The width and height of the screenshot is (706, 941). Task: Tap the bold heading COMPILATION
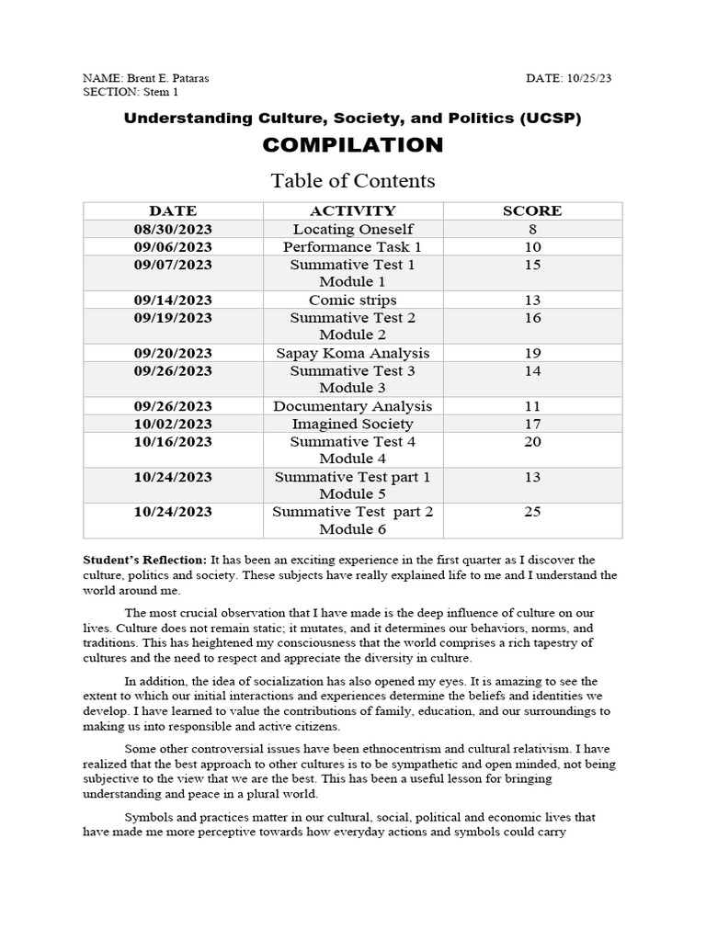[353, 145]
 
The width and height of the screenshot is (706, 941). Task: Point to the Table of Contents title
[353, 180]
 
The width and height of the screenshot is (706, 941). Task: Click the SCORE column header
[532, 211]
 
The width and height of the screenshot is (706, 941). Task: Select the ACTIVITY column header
[353, 211]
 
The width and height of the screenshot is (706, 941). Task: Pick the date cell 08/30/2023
[173, 229]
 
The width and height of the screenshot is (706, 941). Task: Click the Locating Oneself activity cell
[353, 229]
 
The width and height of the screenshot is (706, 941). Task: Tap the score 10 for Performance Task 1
[532, 247]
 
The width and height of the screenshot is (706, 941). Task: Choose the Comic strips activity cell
[353, 300]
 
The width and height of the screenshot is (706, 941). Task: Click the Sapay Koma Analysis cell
[353, 353]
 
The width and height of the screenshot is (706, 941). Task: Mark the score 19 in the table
[532, 353]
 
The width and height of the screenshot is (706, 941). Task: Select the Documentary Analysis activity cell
[353, 406]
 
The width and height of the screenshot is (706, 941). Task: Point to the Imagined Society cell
[353, 424]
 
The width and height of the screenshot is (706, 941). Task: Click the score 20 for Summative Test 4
[532, 441]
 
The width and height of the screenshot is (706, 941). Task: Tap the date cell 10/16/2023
[173, 441]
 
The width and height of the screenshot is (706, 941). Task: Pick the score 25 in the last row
[532, 512]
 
